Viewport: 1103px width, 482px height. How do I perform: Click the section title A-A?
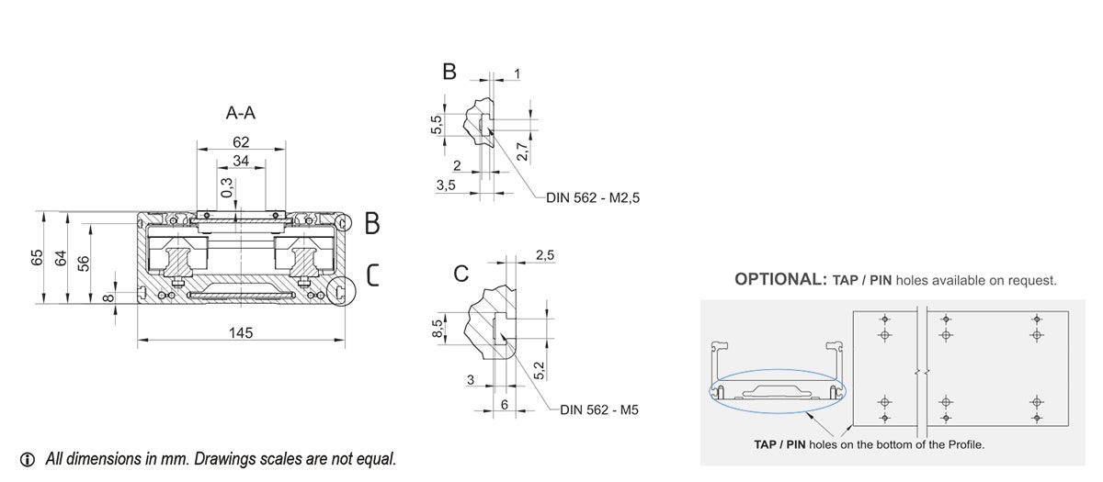[240, 114]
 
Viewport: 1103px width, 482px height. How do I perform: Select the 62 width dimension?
[241, 143]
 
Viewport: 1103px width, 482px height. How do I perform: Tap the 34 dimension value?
[241, 161]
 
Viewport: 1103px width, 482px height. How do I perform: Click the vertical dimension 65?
[38, 257]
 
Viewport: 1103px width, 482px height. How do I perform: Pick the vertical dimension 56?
[83, 263]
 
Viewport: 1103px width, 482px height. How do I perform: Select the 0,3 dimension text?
[227, 188]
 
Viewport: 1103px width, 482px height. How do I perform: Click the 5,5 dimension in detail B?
[438, 124]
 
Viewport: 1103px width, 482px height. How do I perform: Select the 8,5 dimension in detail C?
[438, 327]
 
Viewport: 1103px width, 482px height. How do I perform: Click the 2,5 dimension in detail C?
[544, 254]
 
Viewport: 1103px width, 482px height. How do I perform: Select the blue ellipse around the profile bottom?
[781, 392]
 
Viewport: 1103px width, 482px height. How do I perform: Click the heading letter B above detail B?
[449, 72]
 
